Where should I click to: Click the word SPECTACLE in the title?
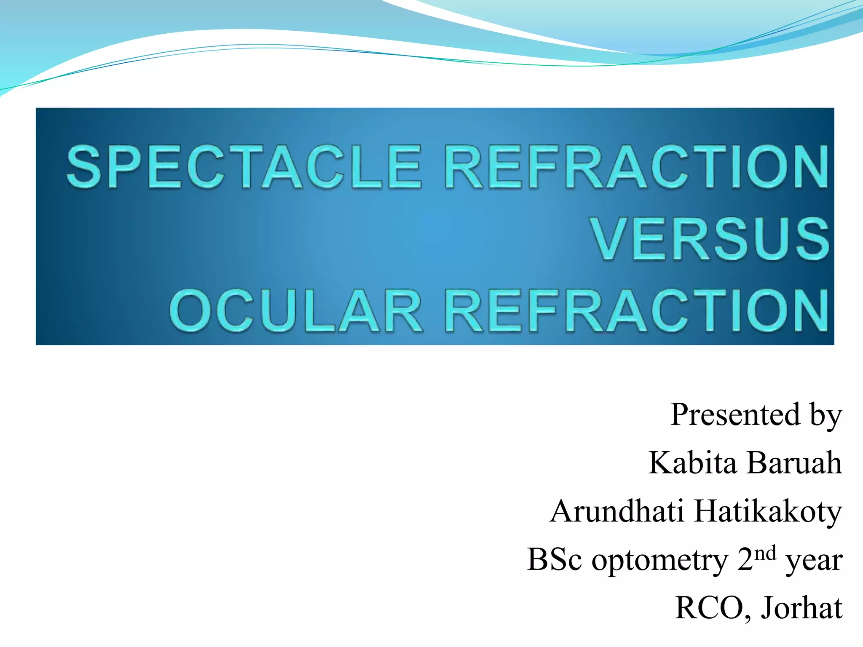click(244, 166)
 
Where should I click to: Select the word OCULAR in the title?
click(297, 310)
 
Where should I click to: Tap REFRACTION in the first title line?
click(636, 166)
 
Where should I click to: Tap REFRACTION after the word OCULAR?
click(636, 310)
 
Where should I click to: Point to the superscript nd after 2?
click(765, 553)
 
